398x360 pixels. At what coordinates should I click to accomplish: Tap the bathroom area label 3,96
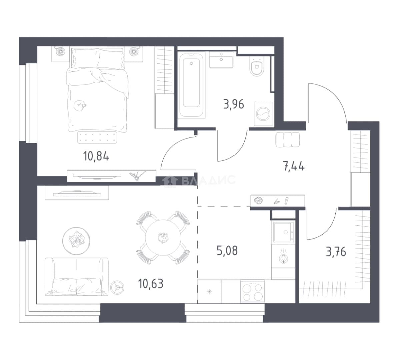pos(234,104)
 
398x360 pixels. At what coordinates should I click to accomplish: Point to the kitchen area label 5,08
pos(227,251)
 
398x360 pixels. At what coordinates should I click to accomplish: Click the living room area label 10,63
pos(151,283)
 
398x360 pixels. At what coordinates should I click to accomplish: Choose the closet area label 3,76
pos(336,252)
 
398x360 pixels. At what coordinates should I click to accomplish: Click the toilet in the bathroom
pos(257,66)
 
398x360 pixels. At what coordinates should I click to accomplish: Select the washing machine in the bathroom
pos(263,114)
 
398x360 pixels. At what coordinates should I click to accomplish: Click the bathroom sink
pos(221,59)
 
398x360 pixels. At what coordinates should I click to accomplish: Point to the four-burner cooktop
pos(252,291)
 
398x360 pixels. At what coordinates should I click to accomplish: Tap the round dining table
pos(163,238)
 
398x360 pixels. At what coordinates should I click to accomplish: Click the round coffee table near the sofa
pos(76,241)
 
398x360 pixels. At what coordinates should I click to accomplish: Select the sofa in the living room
pos(77,277)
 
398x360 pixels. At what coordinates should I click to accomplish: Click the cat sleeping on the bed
pos(80,105)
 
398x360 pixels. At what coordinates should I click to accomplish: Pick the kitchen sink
pos(283,232)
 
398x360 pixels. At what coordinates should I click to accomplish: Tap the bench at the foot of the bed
pos(97,137)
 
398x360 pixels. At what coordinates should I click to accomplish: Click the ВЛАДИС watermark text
pos(209,180)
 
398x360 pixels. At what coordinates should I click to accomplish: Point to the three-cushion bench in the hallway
pos(288,139)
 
